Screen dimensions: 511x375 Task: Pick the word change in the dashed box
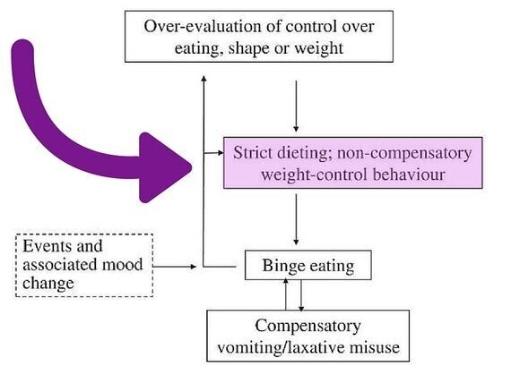[48, 284]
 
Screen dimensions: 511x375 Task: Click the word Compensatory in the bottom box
[308, 326]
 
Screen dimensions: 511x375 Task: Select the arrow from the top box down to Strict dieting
[296, 107]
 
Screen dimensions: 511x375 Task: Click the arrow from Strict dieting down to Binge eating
[296, 219]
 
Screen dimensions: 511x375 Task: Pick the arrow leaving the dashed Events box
[175, 267]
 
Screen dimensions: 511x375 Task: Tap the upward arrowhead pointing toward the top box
[204, 79]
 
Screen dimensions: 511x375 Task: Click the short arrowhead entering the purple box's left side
[221, 152]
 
